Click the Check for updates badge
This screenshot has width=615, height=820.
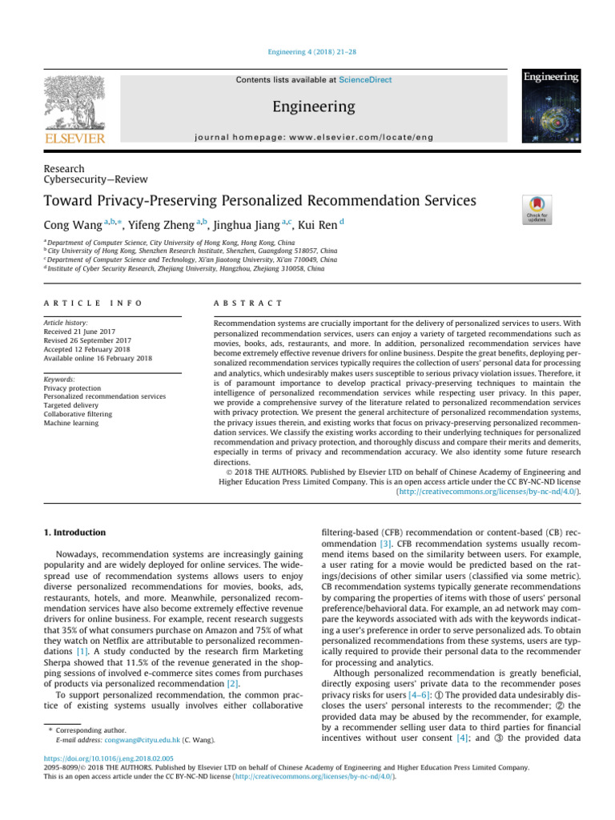pyautogui.click(x=537, y=209)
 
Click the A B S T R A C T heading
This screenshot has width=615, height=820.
pyautogui.click(x=245, y=303)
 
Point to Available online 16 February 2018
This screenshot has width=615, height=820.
pyautogui.click(x=98, y=358)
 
